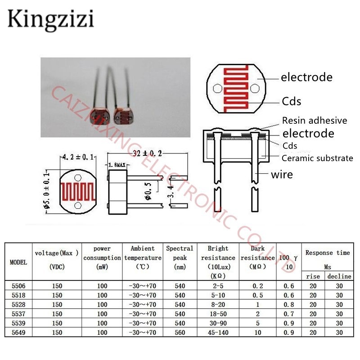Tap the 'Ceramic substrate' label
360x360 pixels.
[x=317, y=158]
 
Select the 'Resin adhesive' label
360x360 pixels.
[x=315, y=121]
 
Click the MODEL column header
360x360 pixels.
[x=18, y=262]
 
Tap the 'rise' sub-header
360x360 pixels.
[x=313, y=276]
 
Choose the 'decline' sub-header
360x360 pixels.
[x=340, y=276]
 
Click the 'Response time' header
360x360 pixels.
[x=327, y=253]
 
